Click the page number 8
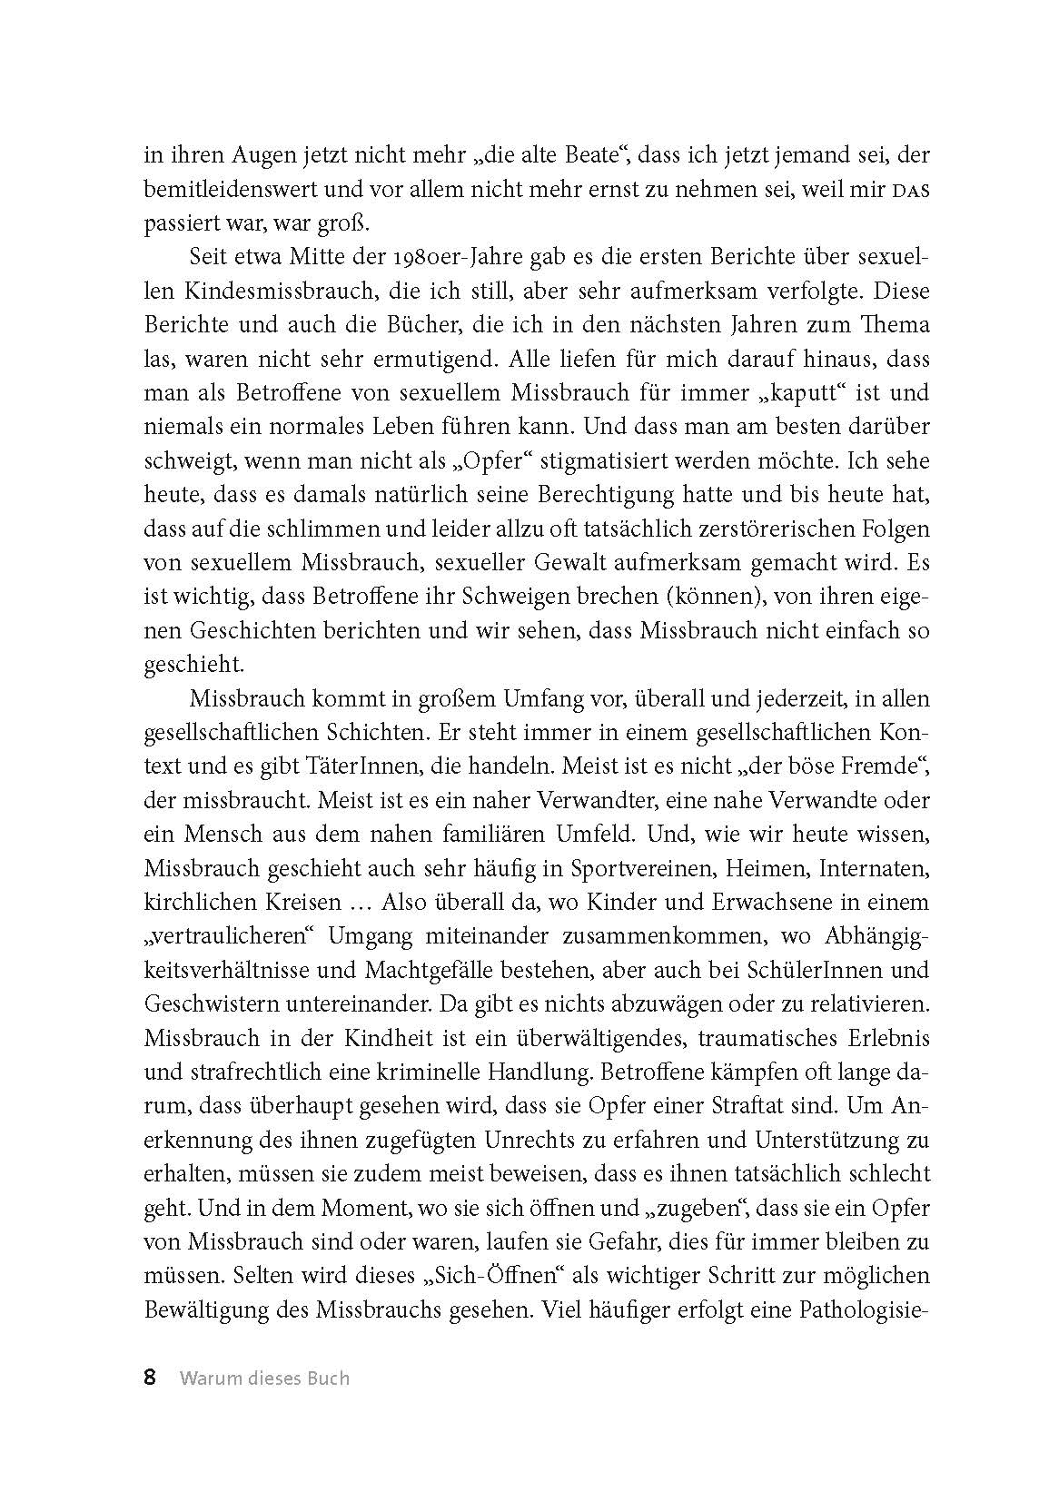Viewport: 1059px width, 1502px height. [151, 1378]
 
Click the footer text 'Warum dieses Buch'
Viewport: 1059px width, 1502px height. [264, 1378]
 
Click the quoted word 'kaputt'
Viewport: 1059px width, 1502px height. [764, 394]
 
